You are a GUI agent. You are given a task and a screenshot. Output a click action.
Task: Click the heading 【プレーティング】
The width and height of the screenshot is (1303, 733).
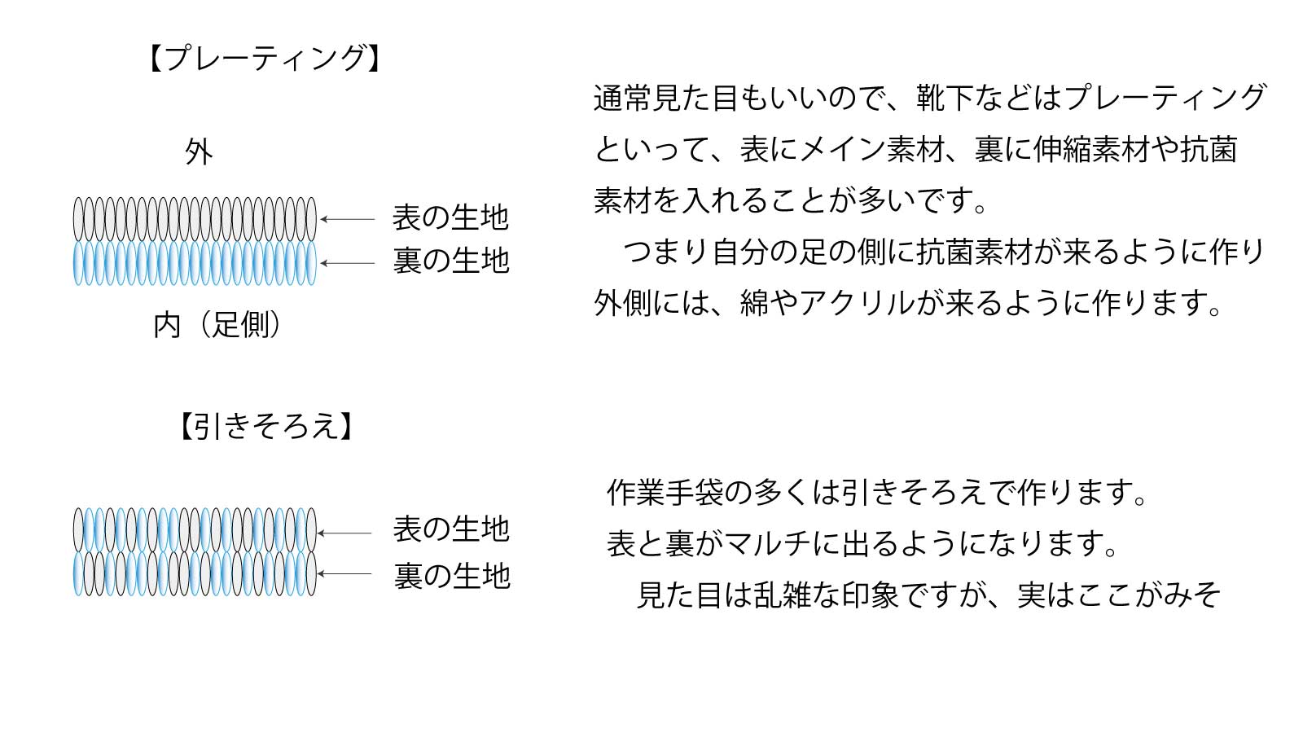tap(264, 58)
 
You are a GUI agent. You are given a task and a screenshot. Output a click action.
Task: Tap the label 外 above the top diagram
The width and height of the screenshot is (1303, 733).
tap(199, 152)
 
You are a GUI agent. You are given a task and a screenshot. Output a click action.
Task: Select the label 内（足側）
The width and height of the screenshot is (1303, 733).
tap(217, 325)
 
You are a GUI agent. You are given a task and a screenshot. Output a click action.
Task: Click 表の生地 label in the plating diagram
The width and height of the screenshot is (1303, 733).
tap(451, 217)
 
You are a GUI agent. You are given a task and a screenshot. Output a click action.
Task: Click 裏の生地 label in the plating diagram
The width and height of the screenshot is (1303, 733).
tap(451, 261)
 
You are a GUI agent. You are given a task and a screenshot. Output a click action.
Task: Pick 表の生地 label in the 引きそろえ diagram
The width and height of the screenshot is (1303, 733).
tap(451, 529)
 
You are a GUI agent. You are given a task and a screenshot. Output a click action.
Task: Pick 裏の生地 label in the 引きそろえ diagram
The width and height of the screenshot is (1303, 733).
tap(452, 576)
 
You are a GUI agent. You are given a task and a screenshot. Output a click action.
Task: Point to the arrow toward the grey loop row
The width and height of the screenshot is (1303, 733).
tap(347, 219)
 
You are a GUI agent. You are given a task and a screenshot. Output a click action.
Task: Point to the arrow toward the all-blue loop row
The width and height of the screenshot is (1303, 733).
tap(347, 264)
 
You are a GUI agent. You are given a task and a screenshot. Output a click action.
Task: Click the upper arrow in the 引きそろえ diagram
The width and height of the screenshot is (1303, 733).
tap(344, 533)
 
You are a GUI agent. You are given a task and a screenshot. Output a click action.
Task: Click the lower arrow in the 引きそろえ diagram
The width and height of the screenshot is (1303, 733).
tap(344, 573)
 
